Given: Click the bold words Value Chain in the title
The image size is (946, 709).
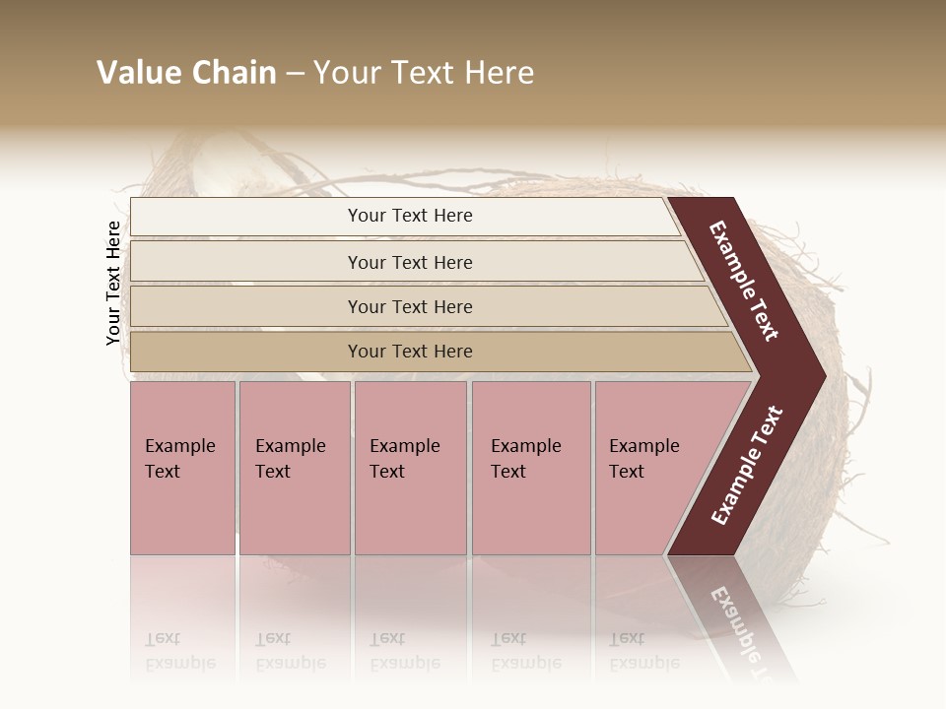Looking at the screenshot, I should pos(186,73).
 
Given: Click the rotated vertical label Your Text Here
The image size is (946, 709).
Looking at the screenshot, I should pos(113,283).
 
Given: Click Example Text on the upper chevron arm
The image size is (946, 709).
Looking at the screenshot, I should pos(744,281).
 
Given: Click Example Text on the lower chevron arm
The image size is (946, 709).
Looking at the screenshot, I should pos(747,466).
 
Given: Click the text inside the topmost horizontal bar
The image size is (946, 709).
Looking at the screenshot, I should pos(410,216).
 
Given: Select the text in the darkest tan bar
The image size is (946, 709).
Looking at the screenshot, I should pos(410,352).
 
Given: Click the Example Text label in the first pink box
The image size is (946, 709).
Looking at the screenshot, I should pos(179,458).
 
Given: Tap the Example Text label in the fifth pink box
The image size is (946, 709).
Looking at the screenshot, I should pos(643,458).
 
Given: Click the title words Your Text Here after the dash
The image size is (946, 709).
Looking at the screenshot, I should pos(424,73).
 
